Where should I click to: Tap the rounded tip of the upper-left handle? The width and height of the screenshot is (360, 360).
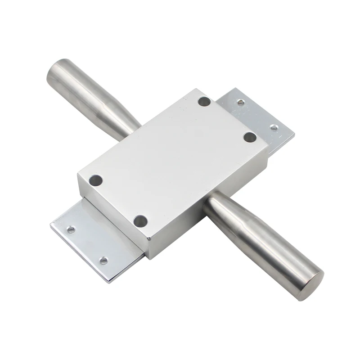click(x=56, y=72)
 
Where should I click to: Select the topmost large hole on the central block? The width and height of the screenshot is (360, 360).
click(x=204, y=101)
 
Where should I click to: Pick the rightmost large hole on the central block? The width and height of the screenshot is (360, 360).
click(x=250, y=137)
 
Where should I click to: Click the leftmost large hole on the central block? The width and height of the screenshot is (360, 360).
click(x=95, y=181)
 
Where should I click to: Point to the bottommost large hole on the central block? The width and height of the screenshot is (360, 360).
click(x=140, y=221)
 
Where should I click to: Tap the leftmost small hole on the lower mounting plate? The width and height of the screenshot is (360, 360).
click(x=71, y=229)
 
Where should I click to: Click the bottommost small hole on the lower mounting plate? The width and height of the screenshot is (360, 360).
click(x=103, y=261)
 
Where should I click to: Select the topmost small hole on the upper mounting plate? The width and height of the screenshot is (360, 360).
click(x=241, y=103)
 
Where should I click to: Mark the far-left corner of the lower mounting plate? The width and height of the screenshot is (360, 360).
click(x=51, y=224)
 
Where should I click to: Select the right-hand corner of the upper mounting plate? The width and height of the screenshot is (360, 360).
click(x=294, y=134)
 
